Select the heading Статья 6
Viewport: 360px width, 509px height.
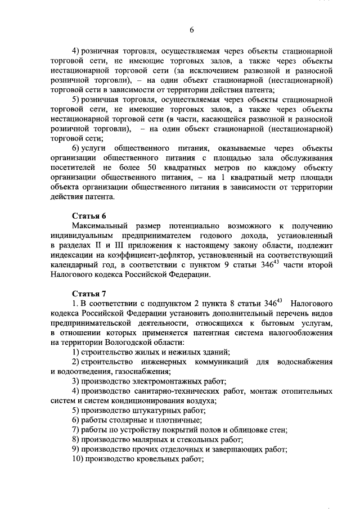pos(89,216)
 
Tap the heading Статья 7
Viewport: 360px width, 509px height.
pos(89,292)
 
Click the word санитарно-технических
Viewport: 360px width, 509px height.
pos(166,391)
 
